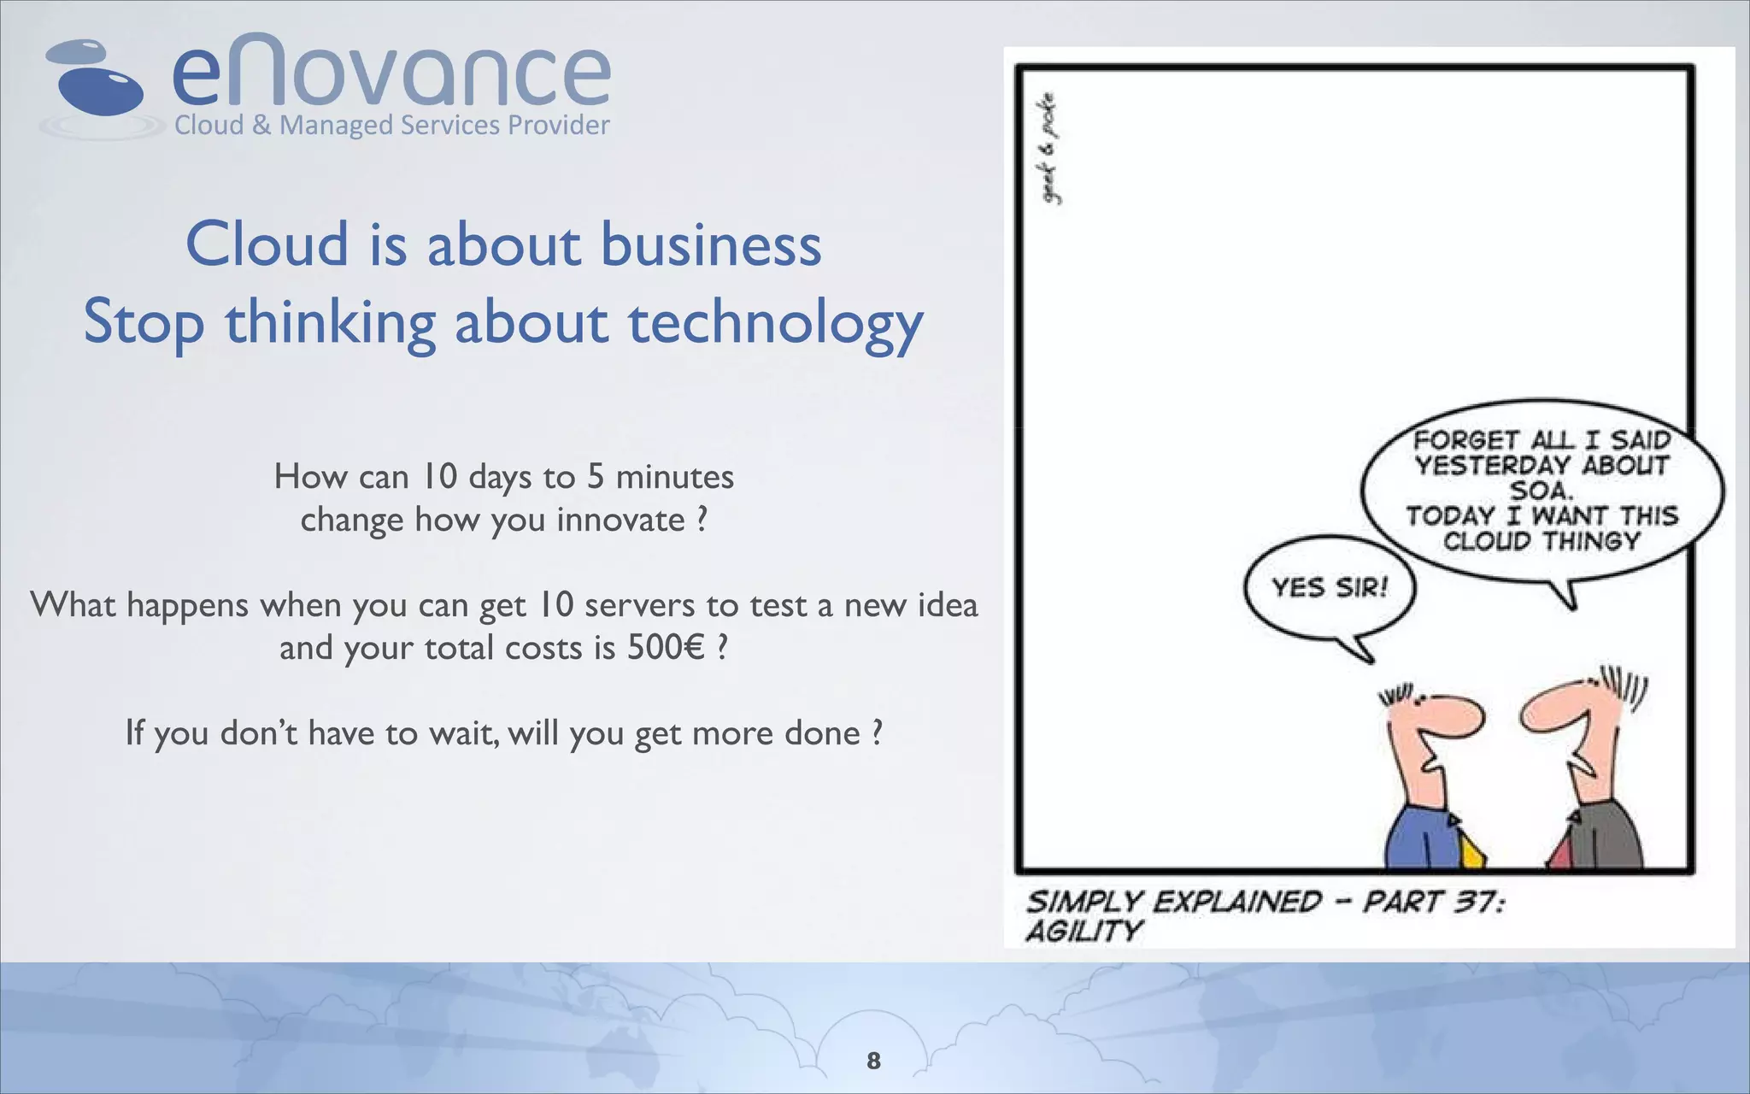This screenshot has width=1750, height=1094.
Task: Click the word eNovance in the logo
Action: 391,73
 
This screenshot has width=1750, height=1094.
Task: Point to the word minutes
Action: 674,477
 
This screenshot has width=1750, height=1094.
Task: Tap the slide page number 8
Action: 873,1061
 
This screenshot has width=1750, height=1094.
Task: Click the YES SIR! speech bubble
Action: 1329,588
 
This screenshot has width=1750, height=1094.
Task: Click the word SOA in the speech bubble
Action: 1541,491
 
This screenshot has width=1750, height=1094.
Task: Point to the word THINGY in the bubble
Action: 1591,541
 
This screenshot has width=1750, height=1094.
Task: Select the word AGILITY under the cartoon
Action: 1083,931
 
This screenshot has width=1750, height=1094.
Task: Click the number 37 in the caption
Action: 1471,902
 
